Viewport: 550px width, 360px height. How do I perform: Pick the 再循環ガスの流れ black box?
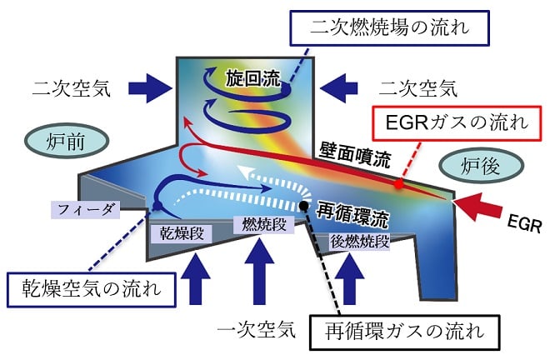(x=404, y=334)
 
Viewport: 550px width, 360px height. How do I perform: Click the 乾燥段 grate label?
(x=181, y=227)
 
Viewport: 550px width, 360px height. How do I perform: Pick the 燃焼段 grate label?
(x=264, y=225)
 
